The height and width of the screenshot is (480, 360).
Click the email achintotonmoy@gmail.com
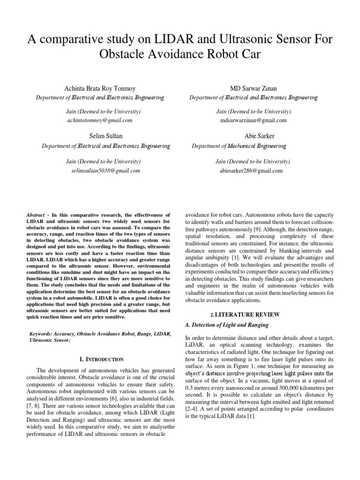(100, 120)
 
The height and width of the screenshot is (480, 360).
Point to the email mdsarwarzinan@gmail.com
(253, 120)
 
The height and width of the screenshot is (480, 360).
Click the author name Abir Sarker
(253, 136)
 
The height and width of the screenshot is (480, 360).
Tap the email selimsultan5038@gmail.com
(105, 171)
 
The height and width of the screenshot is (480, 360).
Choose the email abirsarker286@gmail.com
(251, 171)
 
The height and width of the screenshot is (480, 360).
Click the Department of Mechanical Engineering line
(239, 146)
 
